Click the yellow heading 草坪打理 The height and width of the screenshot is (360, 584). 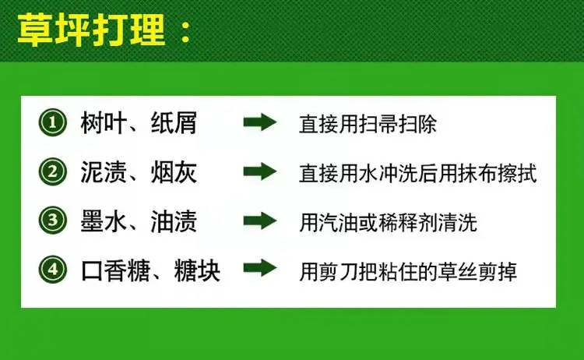tap(91, 30)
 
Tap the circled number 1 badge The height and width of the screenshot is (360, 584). tap(52, 122)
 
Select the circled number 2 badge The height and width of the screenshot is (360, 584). tap(52, 171)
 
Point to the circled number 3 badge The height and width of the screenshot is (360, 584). tap(52, 221)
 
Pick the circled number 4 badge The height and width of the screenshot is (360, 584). tap(52, 270)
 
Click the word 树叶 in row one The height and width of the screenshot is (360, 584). tap(104, 122)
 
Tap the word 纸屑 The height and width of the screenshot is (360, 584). tap(174, 122)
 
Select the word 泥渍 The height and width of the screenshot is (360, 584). tap(104, 171)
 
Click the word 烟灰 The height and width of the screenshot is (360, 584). tap(174, 171)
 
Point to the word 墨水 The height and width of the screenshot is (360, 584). tap(104, 221)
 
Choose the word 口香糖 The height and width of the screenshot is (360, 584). tap(115, 270)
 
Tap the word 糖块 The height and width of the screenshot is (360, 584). tap(197, 270)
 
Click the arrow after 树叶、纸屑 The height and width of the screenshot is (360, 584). tap(260, 122)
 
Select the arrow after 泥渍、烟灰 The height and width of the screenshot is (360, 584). tap(260, 171)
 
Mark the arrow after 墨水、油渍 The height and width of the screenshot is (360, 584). tap(260, 221)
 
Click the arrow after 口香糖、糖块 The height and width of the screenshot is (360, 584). tap(260, 268)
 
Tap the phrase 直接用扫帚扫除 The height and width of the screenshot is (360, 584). tap(368, 124)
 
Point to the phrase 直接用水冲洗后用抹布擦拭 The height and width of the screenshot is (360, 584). tap(418, 173)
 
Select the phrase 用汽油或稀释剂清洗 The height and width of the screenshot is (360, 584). tap(388, 223)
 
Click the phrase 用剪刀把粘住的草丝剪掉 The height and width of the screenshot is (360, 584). tap(408, 272)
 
